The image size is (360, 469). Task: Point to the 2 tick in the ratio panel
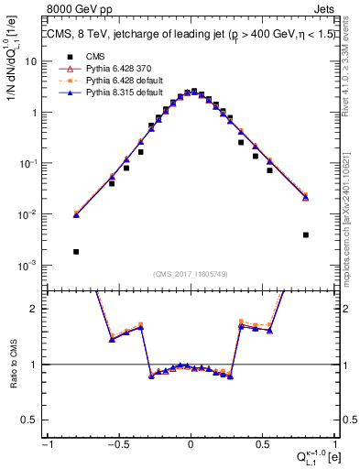tap(34, 309)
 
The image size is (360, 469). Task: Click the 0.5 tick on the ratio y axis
tap(30, 420)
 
